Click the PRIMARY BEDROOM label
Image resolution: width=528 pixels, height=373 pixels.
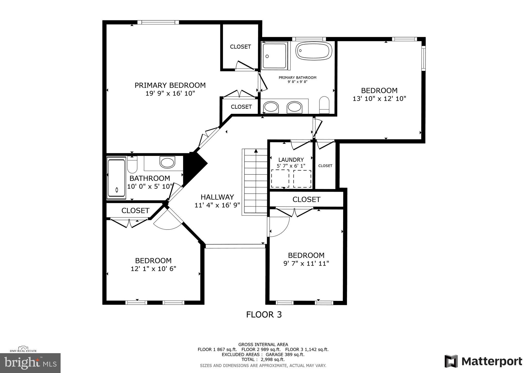tap(170, 85)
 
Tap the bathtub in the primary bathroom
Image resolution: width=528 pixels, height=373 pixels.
tap(313, 51)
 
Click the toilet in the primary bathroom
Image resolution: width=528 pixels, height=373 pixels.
tap(324, 105)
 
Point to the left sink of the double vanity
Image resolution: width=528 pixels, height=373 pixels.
tap(271, 107)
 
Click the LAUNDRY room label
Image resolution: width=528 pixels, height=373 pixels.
tap(291, 160)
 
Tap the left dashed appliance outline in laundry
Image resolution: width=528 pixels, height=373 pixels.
tap(280, 179)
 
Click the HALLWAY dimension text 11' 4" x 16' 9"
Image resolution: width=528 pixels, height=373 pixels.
tap(217, 205)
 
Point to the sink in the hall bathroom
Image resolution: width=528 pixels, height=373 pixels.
tap(167, 163)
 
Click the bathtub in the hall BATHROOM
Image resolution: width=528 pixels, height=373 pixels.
tap(117, 178)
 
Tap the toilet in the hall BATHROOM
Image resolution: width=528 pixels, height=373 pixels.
tap(132, 165)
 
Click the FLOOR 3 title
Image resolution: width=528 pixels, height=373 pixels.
tap(264, 315)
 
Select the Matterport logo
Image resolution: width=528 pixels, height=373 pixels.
tap(483, 361)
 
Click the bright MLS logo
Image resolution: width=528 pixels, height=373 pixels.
tap(30, 363)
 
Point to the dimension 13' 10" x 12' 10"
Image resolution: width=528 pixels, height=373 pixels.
tap(379, 99)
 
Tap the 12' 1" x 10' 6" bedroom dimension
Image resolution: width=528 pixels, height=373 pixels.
tap(153, 269)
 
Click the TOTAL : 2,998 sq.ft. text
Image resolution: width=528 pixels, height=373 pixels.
tap(263, 359)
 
